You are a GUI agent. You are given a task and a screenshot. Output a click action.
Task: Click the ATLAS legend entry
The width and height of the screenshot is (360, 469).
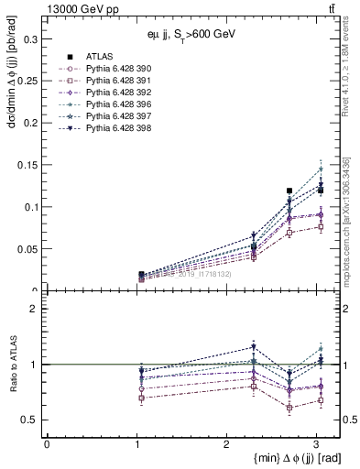pyautogui.click(x=100, y=57)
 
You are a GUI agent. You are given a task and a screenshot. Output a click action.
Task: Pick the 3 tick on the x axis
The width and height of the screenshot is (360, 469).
pyautogui.click(x=315, y=444)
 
